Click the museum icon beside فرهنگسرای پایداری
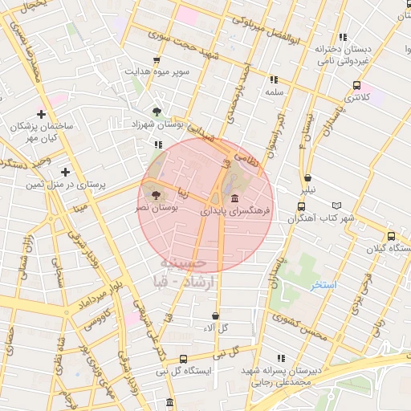point(234,198)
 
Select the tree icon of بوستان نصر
point(155,194)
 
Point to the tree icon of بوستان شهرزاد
point(156,111)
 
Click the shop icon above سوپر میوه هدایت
point(156,59)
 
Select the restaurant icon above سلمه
point(274,79)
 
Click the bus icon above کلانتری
point(356,85)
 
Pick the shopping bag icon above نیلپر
point(307,178)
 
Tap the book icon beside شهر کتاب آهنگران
point(347,205)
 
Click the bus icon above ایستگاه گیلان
point(390,237)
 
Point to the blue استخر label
point(324,286)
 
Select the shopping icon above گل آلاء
point(215,315)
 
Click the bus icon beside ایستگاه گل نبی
point(183,359)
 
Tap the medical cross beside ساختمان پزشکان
point(41,114)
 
